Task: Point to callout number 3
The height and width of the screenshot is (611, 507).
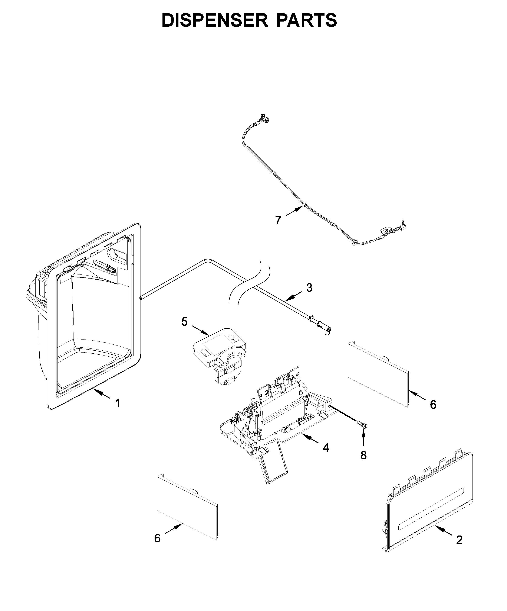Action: click(x=309, y=287)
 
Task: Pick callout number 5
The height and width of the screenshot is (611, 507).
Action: click(x=184, y=322)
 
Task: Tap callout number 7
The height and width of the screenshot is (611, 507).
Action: click(x=278, y=220)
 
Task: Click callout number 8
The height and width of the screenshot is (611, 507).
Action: click(x=363, y=455)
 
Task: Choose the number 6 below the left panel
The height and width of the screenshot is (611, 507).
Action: click(x=157, y=538)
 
